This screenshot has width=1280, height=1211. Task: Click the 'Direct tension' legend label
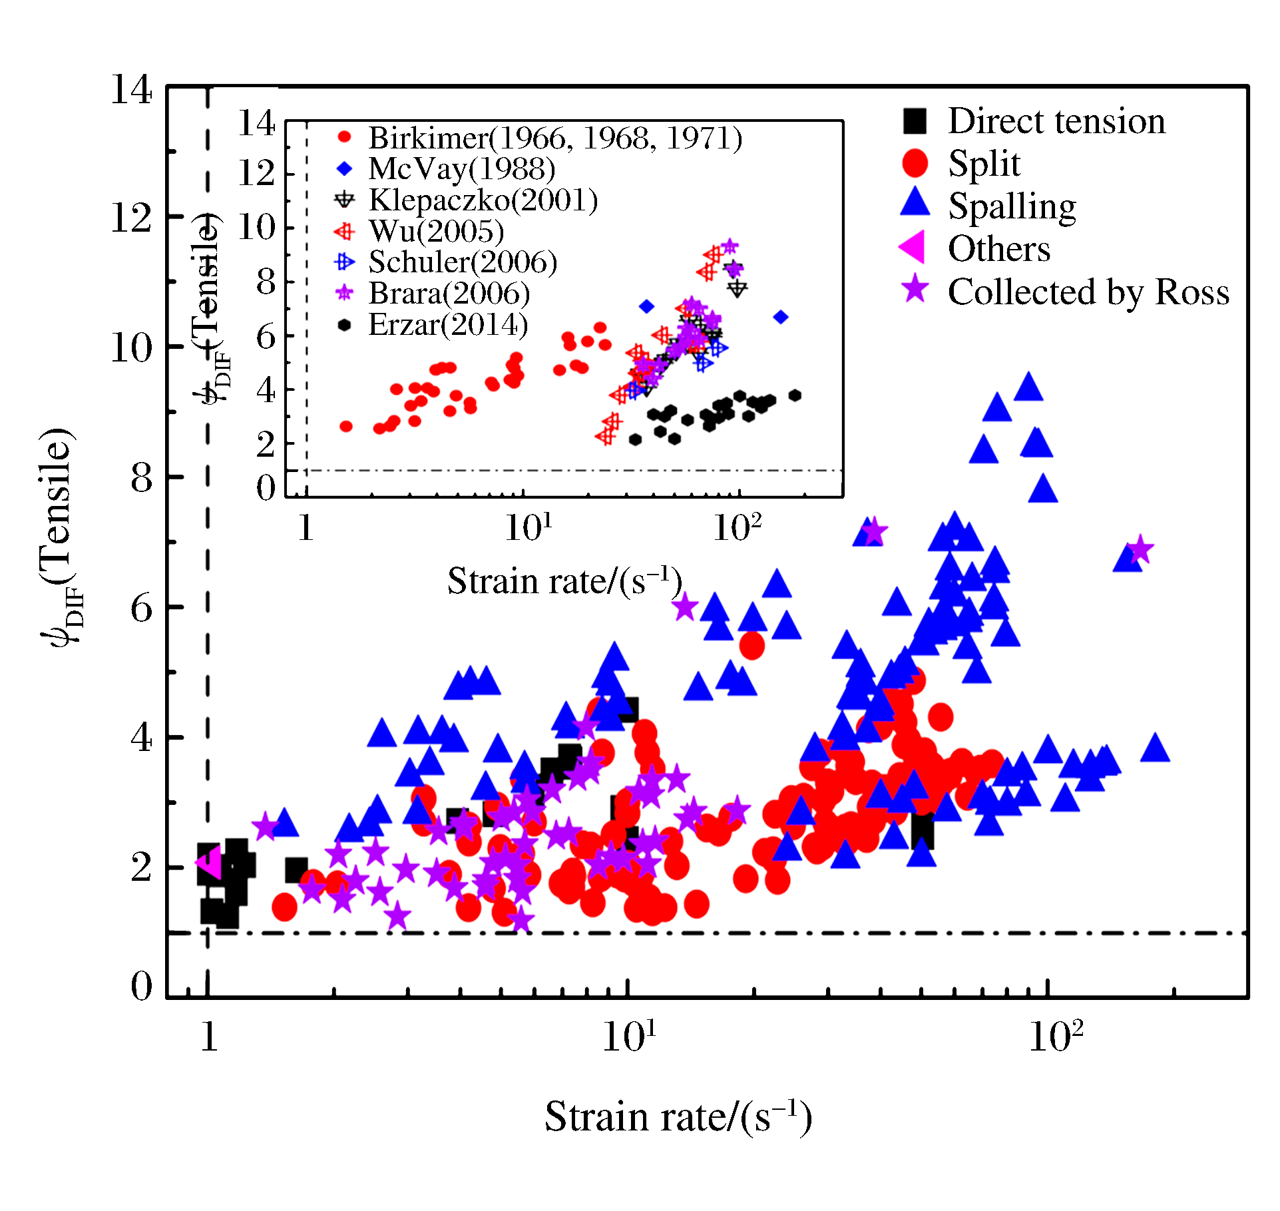[x=1056, y=121]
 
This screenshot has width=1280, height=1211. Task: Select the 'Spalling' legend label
[x=1012, y=206]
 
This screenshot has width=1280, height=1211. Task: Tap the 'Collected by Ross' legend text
[x=1088, y=292]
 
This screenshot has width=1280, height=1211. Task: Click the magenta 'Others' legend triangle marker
[x=913, y=248]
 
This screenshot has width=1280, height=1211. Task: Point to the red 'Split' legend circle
[x=915, y=163]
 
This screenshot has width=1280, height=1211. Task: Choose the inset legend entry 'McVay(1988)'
[x=462, y=169]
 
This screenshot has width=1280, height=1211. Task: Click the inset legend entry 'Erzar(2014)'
[x=448, y=325]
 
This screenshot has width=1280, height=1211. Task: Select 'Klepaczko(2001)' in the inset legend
[x=483, y=200]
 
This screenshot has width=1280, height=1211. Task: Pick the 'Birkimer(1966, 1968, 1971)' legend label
[x=555, y=138]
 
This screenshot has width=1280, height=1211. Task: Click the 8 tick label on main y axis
[x=141, y=478]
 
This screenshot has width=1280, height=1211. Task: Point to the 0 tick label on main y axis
[x=141, y=985]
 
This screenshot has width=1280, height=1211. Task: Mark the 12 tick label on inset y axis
[x=256, y=174]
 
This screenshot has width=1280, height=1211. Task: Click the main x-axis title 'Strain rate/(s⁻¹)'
[x=678, y=1116]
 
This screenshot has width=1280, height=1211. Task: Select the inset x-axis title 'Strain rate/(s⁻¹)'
[x=564, y=581]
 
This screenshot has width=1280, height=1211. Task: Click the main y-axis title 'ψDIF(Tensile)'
[x=59, y=536]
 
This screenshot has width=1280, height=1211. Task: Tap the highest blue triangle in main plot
[x=1028, y=387]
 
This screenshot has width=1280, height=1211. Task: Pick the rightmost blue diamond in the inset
[x=781, y=317]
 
